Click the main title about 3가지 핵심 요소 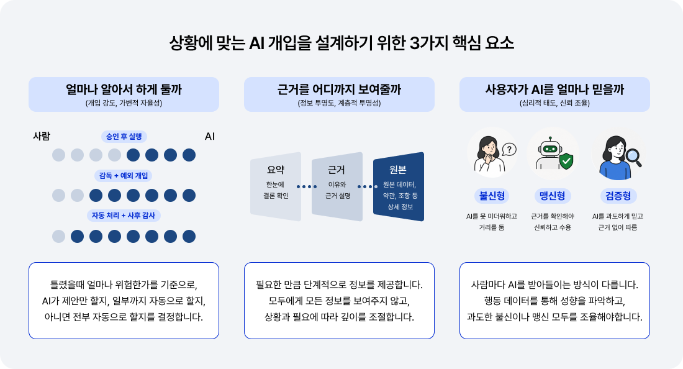[x=341, y=43]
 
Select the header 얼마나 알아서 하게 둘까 [x=124, y=89]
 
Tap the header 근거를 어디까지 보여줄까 [x=339, y=89]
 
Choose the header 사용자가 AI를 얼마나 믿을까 [x=554, y=89]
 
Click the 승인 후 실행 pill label [x=124, y=137]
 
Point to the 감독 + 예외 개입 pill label [x=124, y=176]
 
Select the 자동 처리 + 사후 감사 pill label [x=124, y=215]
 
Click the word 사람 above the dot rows [x=42, y=137]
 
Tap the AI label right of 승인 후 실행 [x=209, y=137]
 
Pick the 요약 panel [x=275, y=186]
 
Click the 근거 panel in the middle [x=337, y=186]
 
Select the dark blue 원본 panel [x=399, y=186]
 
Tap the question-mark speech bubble [x=509, y=150]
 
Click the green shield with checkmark [x=566, y=161]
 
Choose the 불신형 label [x=492, y=196]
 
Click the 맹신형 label [x=553, y=196]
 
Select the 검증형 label [x=618, y=196]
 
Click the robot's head [x=550, y=147]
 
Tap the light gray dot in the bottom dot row [x=58, y=236]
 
